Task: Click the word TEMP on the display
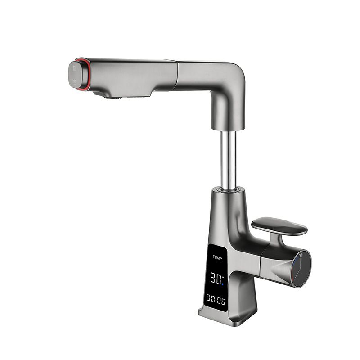coord(217,257)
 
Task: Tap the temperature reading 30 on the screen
coord(216,278)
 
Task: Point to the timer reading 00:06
coord(216,300)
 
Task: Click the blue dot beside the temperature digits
coord(222,284)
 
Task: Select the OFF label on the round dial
coord(301,255)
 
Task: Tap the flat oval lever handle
coord(279,226)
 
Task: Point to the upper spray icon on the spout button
coord(74,68)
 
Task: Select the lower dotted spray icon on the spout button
coord(74,82)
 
